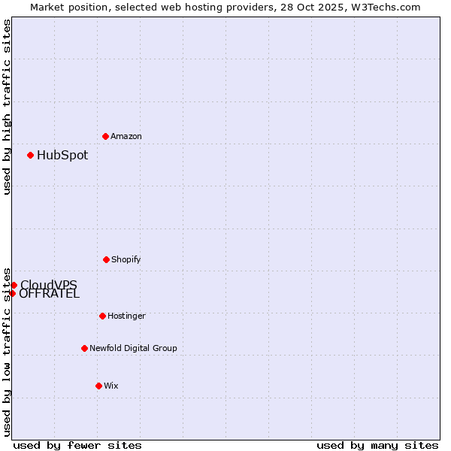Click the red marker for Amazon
[105, 136]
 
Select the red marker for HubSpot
[30, 155]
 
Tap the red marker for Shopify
[106, 259]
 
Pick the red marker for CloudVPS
[14, 285]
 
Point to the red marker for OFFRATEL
[12, 293]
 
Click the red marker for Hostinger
[102, 316]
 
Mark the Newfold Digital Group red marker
[84, 348]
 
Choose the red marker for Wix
[98, 386]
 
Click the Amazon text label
[126, 136]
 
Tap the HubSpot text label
[62, 156]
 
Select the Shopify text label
[126, 259]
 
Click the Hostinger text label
[126, 316]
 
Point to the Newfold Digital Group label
[133, 348]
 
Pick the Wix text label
[111, 386]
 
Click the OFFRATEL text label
[50, 294]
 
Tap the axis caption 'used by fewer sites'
[77, 445]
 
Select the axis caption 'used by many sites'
[377, 445]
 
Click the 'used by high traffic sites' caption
[7, 107]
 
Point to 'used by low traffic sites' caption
[7, 351]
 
